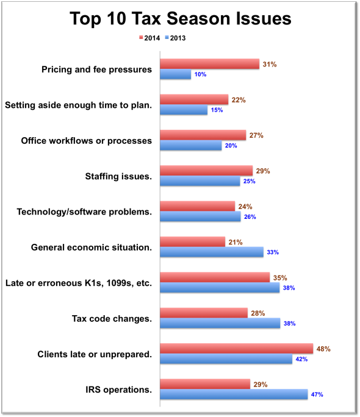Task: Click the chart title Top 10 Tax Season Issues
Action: click(179, 19)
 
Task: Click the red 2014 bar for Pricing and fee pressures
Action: click(210, 64)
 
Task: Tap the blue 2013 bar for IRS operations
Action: click(234, 394)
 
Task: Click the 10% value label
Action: click(200, 74)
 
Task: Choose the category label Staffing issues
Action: click(118, 176)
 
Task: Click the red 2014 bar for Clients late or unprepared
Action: click(237, 349)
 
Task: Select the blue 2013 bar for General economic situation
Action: click(212, 252)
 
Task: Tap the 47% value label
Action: click(316, 394)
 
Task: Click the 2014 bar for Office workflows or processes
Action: click(203, 135)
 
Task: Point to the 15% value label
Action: click(216, 110)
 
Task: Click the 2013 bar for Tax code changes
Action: click(220, 323)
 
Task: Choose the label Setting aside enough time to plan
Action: click(78, 105)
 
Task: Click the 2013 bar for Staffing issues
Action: click(200, 181)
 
